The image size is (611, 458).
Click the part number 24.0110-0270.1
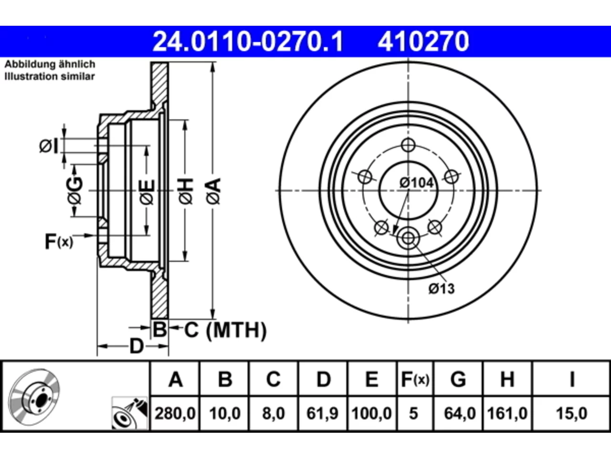click(x=248, y=42)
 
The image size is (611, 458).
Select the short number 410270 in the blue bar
click(x=423, y=42)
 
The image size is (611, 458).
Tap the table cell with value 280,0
click(x=175, y=414)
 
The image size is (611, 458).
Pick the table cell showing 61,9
click(x=323, y=414)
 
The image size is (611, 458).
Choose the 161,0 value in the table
click(x=507, y=414)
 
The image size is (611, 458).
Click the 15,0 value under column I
click(x=571, y=414)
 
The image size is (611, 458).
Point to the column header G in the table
click(x=458, y=379)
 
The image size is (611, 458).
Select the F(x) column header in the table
click(x=415, y=379)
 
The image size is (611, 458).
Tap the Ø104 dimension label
click(x=417, y=183)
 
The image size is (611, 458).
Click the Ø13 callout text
click(x=442, y=289)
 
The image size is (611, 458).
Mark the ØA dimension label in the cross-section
click(x=213, y=191)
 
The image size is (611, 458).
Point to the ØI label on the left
click(x=49, y=146)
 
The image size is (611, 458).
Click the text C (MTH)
click(x=225, y=330)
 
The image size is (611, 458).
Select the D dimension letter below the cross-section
click(x=137, y=346)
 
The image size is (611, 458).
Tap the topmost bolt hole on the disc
click(x=408, y=145)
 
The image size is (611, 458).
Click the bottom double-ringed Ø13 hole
click(x=408, y=238)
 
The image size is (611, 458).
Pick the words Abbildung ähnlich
click(x=50, y=64)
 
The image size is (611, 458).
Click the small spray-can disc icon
click(x=129, y=413)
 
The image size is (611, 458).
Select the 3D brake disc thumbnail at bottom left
click(x=34, y=397)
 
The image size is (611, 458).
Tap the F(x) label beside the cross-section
click(x=59, y=241)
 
